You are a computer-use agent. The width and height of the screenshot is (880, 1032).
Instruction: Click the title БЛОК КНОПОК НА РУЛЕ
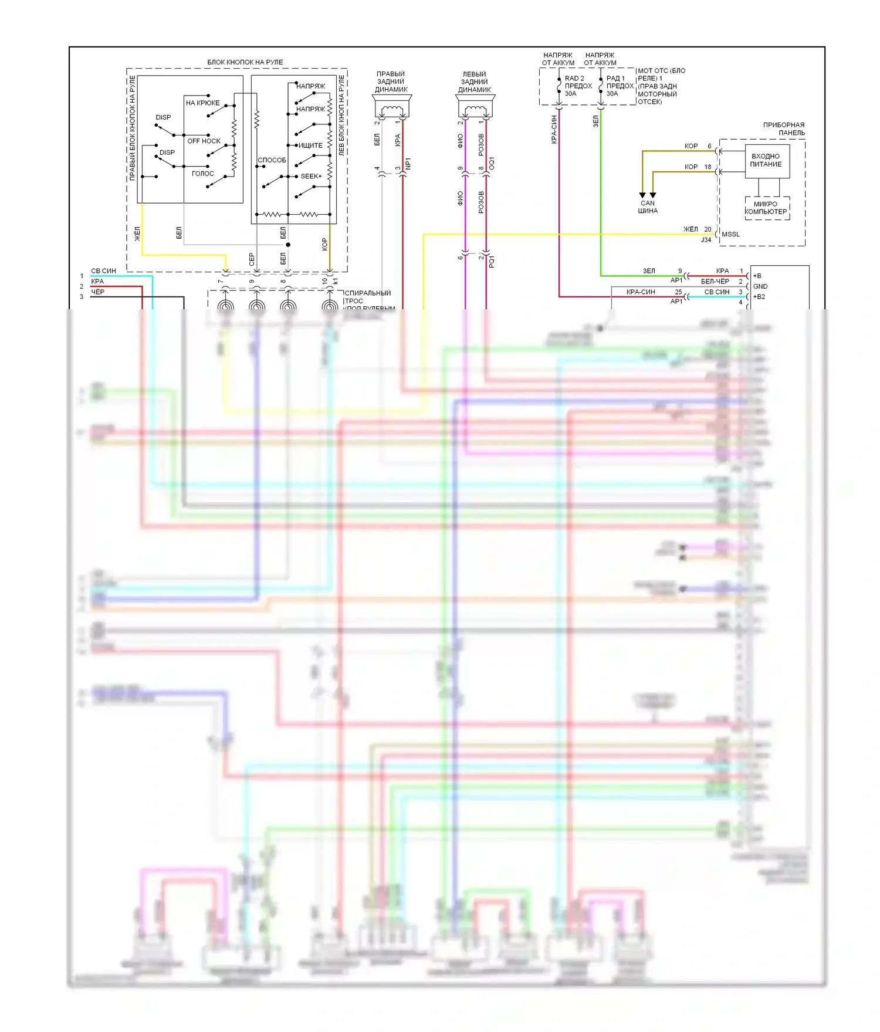(245, 62)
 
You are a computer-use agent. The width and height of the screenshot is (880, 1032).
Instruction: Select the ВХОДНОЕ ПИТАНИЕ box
(767, 161)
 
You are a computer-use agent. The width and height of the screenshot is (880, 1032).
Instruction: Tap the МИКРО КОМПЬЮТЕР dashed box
(766, 208)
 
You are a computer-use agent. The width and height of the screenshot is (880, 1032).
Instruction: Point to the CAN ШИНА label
(648, 207)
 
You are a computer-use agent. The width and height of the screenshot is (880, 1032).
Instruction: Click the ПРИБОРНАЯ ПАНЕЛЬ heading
(784, 129)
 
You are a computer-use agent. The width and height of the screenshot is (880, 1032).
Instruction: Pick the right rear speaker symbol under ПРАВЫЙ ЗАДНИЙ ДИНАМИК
(392, 107)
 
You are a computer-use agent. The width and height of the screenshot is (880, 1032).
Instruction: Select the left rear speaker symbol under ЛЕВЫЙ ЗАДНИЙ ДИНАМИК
(475, 107)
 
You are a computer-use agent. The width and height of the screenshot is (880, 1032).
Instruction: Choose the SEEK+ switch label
(311, 176)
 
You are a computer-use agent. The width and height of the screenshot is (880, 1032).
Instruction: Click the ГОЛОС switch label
(203, 174)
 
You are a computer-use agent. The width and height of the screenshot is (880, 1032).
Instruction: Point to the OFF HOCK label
(204, 141)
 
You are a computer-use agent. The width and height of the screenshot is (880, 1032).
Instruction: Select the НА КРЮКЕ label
(202, 103)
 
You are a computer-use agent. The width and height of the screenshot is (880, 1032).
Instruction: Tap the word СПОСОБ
(272, 160)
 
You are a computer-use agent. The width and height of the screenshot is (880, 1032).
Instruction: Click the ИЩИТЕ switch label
(310, 146)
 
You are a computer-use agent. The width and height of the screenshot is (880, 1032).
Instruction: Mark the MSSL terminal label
(730, 234)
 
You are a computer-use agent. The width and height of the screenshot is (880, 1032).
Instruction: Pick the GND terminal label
(760, 286)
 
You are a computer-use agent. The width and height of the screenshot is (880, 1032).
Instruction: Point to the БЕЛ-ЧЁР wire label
(715, 282)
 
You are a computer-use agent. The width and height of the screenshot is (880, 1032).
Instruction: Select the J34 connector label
(706, 240)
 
